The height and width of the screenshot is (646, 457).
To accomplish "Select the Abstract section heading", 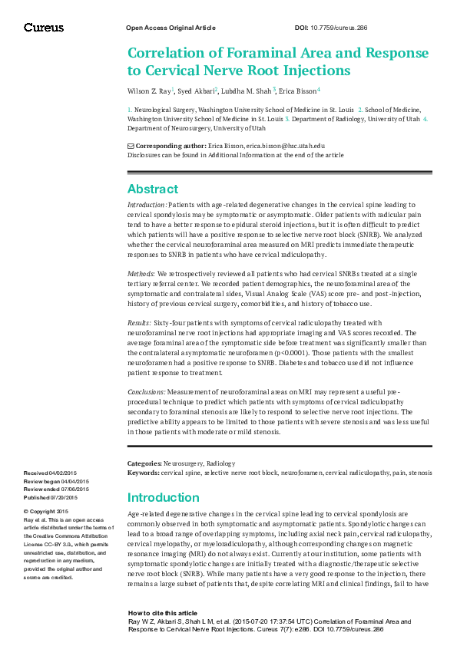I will click(x=152, y=189).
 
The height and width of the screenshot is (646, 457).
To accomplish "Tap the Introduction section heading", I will click(x=163, y=497).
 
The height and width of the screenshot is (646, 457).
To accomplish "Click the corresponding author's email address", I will click(x=285, y=145).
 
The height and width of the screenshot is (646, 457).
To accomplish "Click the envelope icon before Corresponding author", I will click(x=130, y=145).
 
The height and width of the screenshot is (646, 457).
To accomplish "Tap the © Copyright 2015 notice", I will click(x=46, y=511).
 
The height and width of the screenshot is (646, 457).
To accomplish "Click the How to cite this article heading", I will click(x=161, y=614).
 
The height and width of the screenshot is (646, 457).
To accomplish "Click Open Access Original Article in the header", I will click(x=170, y=28).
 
